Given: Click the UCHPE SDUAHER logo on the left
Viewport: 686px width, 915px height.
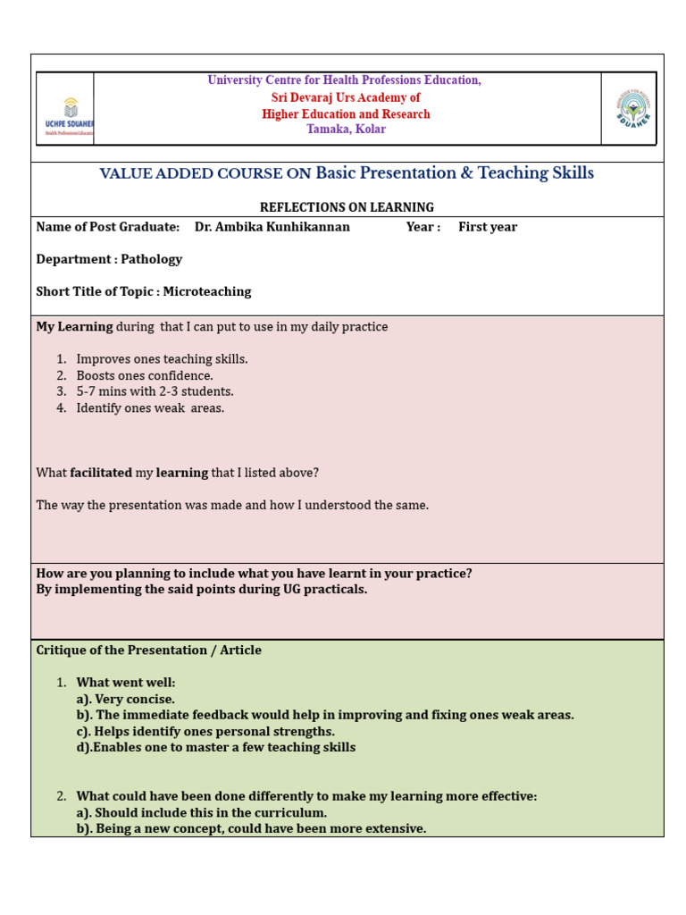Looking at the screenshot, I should (x=65, y=114).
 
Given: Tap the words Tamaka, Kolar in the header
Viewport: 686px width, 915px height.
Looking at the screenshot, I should (x=346, y=130).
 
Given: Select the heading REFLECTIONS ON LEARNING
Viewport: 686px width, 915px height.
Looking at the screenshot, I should (x=347, y=207).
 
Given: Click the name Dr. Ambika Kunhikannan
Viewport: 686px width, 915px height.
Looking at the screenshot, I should (x=272, y=227).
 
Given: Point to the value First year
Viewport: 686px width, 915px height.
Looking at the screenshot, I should (x=488, y=227).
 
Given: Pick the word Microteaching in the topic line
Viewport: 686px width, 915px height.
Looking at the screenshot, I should (x=207, y=291).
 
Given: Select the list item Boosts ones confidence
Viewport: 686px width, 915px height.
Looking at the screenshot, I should (x=145, y=375).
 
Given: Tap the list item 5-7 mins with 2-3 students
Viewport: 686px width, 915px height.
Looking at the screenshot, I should (x=155, y=391).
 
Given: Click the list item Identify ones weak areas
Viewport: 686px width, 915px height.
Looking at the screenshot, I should (x=150, y=408).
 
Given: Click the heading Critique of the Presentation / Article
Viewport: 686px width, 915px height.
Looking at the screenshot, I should (x=148, y=651).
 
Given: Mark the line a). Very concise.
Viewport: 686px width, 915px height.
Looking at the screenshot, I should (x=126, y=699).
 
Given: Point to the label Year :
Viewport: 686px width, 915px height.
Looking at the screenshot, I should (x=423, y=227).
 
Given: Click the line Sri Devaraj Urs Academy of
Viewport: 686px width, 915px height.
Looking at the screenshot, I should (x=346, y=97).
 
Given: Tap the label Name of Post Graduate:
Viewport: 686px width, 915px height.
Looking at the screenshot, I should (x=107, y=227).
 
